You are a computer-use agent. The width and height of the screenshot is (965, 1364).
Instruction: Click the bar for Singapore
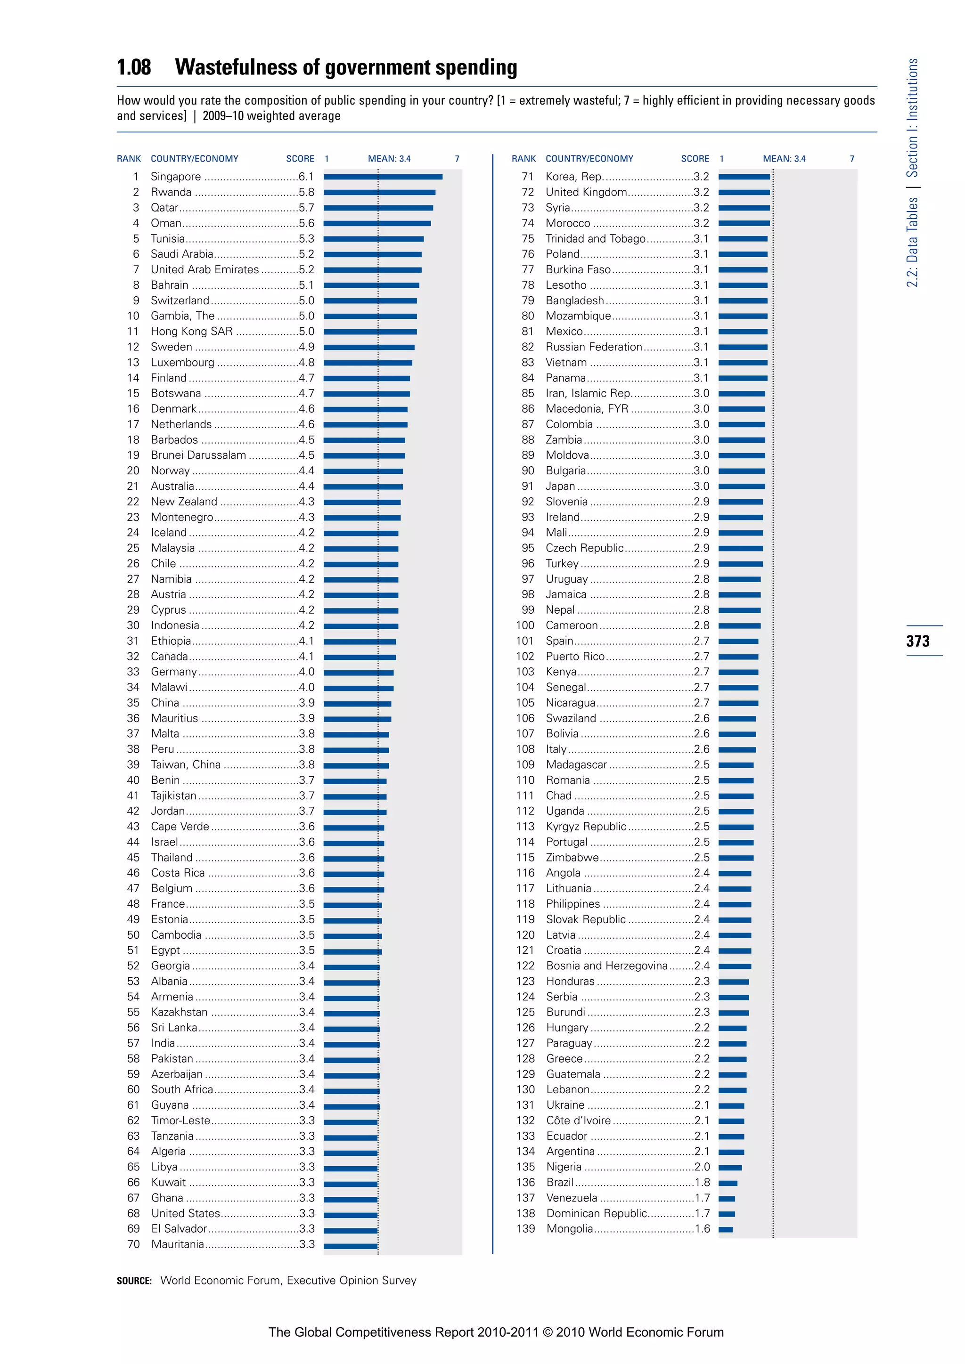click(383, 177)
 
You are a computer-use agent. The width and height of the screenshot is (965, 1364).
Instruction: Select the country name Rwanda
click(171, 192)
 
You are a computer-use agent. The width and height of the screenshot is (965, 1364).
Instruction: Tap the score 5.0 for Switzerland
click(306, 300)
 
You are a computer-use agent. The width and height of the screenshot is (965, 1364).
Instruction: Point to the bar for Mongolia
click(726, 1229)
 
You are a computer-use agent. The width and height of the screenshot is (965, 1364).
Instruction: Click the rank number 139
click(525, 1228)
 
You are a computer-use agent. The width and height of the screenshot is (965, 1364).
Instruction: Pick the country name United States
click(185, 1213)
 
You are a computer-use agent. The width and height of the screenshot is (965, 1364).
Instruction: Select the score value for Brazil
click(702, 1182)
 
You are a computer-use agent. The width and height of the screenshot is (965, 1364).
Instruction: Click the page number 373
click(917, 641)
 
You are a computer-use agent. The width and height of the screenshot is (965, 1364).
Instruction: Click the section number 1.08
click(134, 67)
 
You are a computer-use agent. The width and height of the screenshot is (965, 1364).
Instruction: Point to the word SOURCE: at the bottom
click(134, 1281)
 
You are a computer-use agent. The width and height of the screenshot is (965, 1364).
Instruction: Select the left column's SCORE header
click(300, 159)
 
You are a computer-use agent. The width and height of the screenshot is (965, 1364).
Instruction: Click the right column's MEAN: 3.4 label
click(784, 159)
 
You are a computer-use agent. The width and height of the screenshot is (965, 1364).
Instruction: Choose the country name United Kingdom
click(586, 192)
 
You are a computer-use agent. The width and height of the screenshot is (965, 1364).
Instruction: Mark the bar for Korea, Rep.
click(744, 177)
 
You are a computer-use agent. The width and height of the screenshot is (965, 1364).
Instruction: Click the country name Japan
click(560, 486)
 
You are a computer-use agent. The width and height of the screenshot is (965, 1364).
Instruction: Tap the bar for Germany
click(358, 673)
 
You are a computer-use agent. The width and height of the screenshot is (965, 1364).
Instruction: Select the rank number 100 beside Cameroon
click(525, 625)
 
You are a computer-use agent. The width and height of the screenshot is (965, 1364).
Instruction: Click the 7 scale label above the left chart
click(457, 159)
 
